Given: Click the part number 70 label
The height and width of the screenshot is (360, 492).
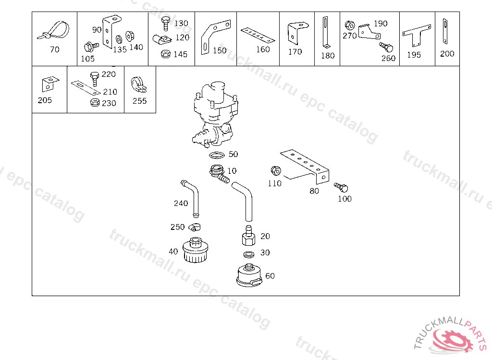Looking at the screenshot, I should coord(55,49).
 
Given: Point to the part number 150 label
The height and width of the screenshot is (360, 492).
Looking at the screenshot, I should coord(219,50).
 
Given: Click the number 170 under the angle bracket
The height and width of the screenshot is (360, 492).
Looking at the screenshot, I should coord(295,52).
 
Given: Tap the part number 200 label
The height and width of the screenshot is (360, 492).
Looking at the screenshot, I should coord(447,54).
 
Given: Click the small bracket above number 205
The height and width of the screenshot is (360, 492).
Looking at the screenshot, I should coord(49,84).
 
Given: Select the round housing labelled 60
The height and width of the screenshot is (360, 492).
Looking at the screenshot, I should coord(249,276).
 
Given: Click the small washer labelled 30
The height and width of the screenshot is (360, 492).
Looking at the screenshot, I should coord(249,253).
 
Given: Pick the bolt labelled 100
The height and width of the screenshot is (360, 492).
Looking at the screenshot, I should coord(342,188).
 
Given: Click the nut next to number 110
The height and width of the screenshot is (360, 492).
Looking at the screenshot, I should coord(275,171).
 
